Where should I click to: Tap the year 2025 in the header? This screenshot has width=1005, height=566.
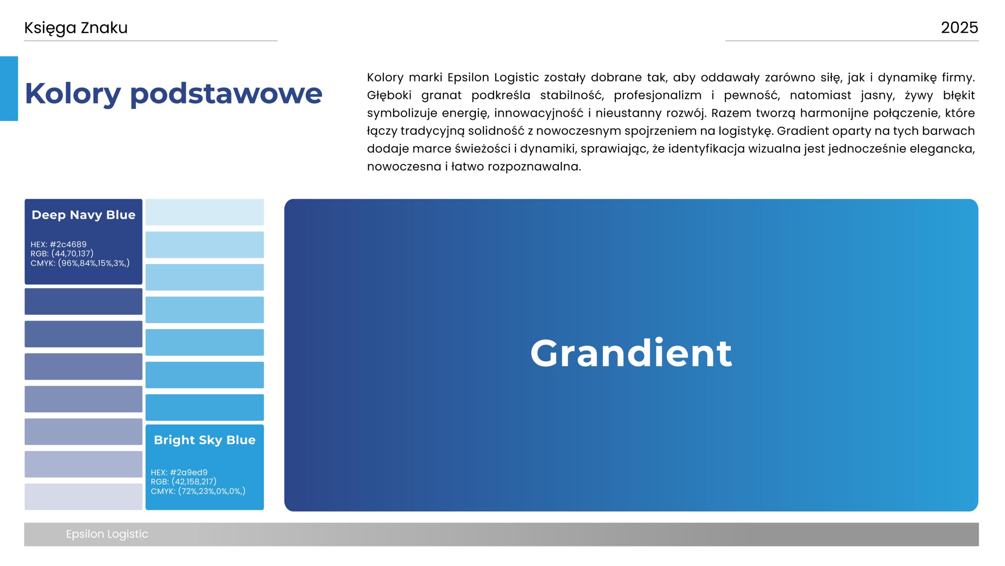[959, 28]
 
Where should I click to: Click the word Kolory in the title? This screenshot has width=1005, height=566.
[73, 94]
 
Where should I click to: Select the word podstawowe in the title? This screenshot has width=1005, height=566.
[226, 94]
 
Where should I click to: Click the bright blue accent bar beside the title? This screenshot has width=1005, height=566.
[9, 88]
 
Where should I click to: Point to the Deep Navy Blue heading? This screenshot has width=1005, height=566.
[84, 215]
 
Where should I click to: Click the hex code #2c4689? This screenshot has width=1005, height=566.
[68, 244]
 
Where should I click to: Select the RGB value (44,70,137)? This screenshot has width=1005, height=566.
[72, 254]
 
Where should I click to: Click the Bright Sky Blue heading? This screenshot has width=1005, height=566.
[205, 440]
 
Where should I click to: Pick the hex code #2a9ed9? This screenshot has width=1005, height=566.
[188, 472]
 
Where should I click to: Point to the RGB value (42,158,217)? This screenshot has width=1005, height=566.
[194, 481]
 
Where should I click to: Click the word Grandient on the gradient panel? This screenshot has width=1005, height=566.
[631, 353]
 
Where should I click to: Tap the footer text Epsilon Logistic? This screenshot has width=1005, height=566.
[107, 534]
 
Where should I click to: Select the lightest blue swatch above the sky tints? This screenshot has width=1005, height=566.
[205, 212]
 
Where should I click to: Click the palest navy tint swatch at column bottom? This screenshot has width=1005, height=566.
[84, 497]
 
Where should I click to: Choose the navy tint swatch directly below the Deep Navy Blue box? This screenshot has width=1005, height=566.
[84, 301]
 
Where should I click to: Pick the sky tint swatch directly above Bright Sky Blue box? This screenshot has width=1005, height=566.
[205, 408]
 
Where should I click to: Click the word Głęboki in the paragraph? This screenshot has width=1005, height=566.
[389, 96]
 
